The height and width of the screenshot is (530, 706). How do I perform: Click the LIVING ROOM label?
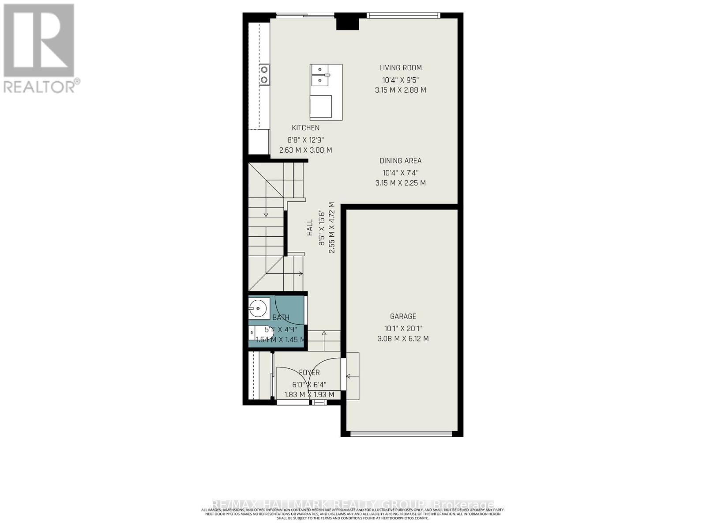[400, 68]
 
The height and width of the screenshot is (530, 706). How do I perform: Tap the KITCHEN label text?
[305, 128]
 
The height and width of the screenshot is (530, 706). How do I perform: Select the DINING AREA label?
[400, 161]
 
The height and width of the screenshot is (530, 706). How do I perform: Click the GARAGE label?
[403, 316]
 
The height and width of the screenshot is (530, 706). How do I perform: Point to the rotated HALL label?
[310, 227]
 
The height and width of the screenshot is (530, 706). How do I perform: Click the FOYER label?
[309, 373]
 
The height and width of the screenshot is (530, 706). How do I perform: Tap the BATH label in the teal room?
[281, 317]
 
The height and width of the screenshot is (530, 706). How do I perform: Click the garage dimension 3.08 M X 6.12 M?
[403, 339]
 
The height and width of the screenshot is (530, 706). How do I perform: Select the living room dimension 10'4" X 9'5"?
[400, 80]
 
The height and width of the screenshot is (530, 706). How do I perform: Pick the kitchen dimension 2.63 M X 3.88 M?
[305, 150]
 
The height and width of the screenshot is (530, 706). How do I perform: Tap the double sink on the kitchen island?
[320, 76]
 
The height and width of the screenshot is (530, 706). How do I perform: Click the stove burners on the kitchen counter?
[264, 74]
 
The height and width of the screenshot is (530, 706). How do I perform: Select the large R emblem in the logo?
[39, 41]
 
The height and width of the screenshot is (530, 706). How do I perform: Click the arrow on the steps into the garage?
[352, 376]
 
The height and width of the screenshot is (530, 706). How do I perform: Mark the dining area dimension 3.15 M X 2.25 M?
[400, 183]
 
